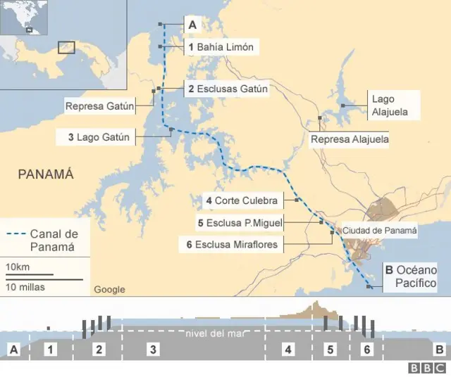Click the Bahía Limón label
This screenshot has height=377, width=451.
click(x=218, y=47)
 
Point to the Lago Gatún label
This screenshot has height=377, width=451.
click(x=99, y=138)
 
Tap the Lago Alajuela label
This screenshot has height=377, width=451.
click(x=390, y=106)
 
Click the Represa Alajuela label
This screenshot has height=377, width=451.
click(x=350, y=140)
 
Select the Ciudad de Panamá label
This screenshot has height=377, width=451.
click(x=380, y=230)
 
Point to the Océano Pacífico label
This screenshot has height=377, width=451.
click(x=412, y=276)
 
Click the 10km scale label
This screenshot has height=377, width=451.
click(x=18, y=267)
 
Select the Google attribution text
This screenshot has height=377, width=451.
click(x=109, y=289)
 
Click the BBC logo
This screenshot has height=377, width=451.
click(x=427, y=367)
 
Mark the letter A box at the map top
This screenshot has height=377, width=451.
click(x=192, y=25)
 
